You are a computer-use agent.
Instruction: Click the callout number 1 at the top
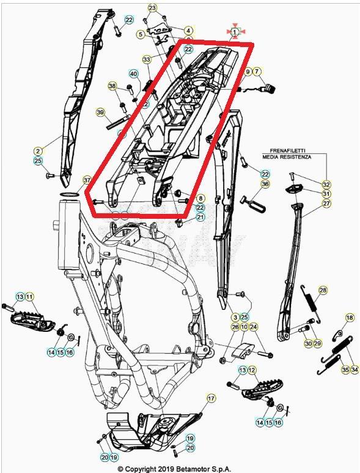point(235,31)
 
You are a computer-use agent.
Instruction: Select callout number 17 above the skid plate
point(211,398)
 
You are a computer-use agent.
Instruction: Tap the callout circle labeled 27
point(326,203)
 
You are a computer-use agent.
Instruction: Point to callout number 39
point(101,112)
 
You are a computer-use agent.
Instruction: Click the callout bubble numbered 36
point(265,184)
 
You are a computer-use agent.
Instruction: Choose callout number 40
point(133,74)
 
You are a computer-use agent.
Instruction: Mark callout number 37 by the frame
point(87,180)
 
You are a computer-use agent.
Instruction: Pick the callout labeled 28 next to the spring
point(323,290)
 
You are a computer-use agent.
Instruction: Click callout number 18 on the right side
point(350,318)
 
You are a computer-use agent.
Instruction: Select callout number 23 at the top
point(152,8)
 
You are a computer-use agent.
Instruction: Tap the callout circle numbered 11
point(29,296)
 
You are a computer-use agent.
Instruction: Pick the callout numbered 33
point(146,60)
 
